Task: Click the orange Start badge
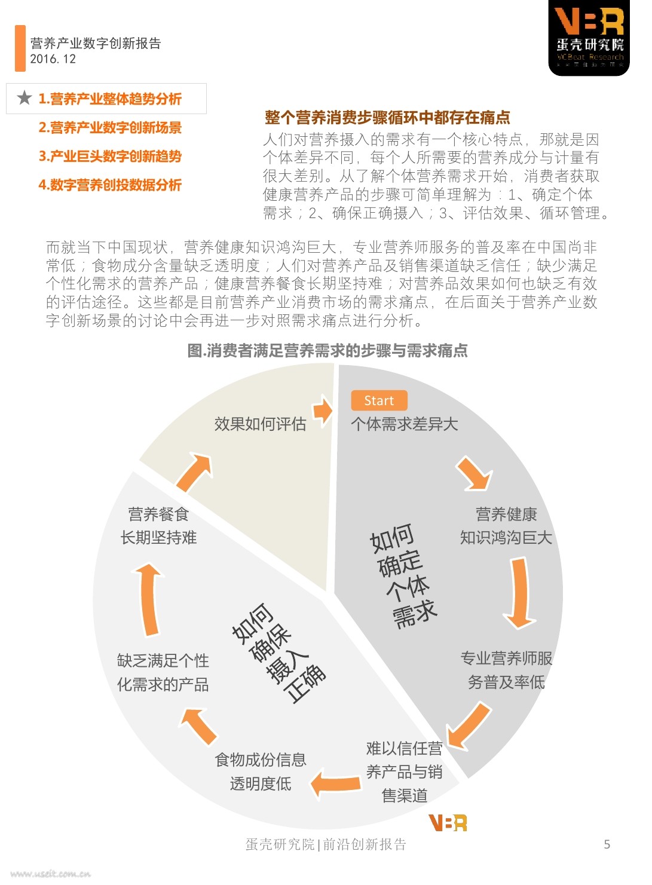pyautogui.click(x=379, y=400)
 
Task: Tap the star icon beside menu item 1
pyautogui.click(x=24, y=98)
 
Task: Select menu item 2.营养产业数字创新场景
pyautogui.click(x=110, y=127)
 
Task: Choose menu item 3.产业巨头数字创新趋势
pyautogui.click(x=110, y=156)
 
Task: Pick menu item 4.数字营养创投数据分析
pyautogui.click(x=110, y=185)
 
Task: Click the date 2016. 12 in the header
pyautogui.click(x=53, y=59)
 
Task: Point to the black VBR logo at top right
pyautogui.click(x=589, y=38)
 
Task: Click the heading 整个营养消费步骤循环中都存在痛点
pyautogui.click(x=387, y=117)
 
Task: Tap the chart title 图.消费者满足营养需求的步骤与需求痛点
pyautogui.click(x=327, y=350)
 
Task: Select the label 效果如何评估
pyautogui.click(x=260, y=424)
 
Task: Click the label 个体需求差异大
pyautogui.click(x=404, y=424)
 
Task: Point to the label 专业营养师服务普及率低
pyautogui.click(x=506, y=670)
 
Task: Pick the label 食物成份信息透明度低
pyautogui.click(x=261, y=771)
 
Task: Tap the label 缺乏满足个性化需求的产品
pyautogui.click(x=163, y=672)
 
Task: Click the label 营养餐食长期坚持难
pyautogui.click(x=158, y=525)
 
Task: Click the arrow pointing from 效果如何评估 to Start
pyautogui.click(x=323, y=411)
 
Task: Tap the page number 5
pyautogui.click(x=607, y=844)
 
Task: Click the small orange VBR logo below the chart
pyautogui.click(x=448, y=823)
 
